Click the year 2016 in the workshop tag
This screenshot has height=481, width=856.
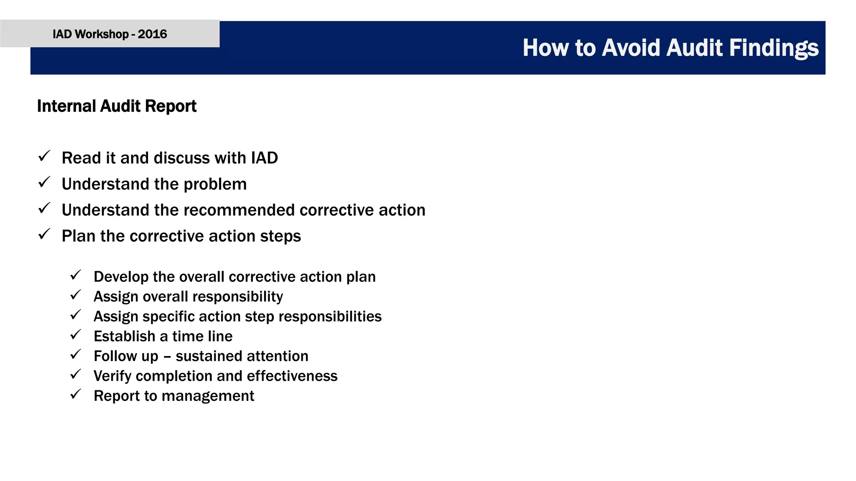coord(152,34)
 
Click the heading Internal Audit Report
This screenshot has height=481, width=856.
coord(117,106)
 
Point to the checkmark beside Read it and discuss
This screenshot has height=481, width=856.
coord(44,157)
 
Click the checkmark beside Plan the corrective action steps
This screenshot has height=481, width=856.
coord(44,234)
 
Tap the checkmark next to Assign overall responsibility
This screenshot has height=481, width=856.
coord(76,295)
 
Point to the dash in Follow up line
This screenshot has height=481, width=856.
coord(167,357)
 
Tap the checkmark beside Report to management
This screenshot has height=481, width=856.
coord(76,394)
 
